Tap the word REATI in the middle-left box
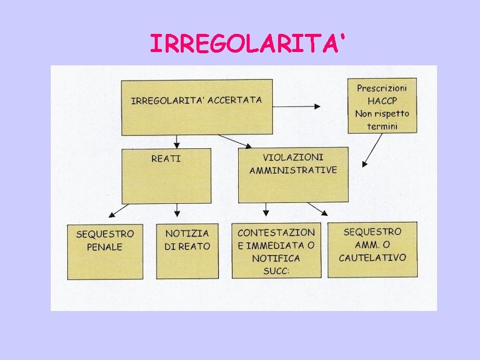coord(166,159)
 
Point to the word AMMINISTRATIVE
coord(293,170)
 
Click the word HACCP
coord(381,100)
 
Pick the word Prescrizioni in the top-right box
coord(382,88)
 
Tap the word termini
coord(383,126)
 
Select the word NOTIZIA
coord(187,233)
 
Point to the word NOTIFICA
coord(277,258)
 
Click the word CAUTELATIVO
coord(372,257)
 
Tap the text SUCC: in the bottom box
coord(276,271)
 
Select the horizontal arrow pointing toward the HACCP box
coord(297,106)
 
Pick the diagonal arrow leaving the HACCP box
coord(373,150)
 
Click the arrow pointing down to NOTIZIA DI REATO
coord(177,210)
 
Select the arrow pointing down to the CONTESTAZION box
coord(265,209)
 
